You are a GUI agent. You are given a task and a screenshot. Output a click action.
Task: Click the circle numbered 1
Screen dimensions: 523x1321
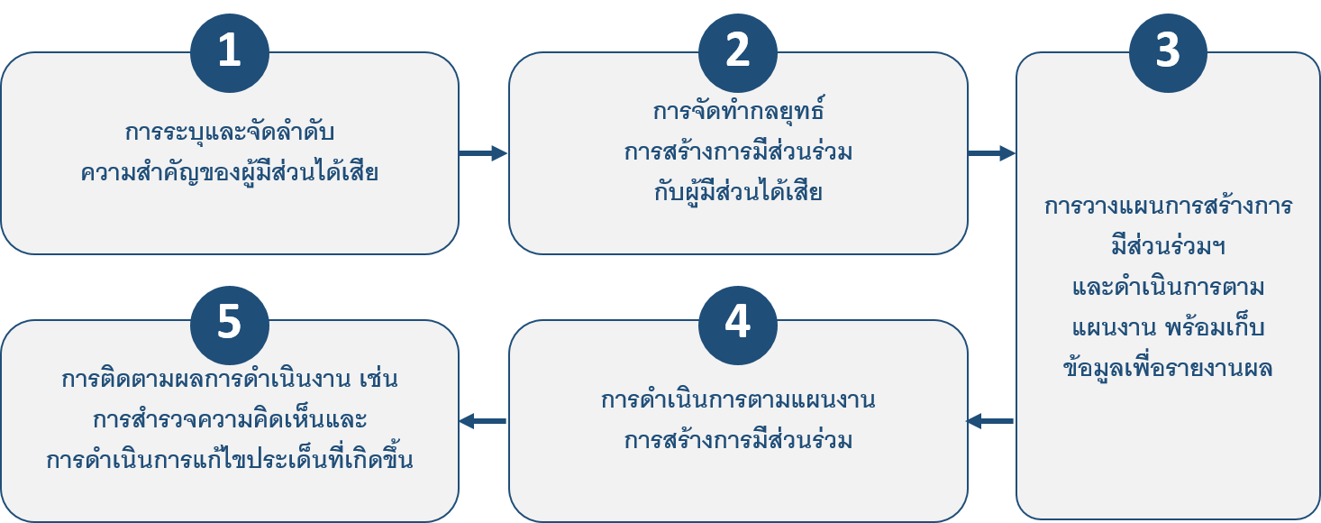click(x=230, y=51)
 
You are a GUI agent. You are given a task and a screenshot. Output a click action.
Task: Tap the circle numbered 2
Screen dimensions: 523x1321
click(x=737, y=51)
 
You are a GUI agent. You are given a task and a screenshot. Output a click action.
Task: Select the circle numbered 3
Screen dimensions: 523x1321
click(x=1167, y=51)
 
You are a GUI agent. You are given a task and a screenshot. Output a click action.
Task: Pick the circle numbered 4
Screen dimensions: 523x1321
click(x=737, y=322)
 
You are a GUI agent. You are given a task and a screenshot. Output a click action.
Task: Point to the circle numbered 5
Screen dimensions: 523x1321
click(x=230, y=322)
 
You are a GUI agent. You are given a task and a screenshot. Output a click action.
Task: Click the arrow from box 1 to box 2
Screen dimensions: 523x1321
click(x=484, y=153)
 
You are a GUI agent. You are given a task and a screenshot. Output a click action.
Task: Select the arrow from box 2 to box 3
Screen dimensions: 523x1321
click(x=992, y=153)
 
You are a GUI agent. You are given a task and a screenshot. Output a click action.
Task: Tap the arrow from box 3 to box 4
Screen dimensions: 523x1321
click(x=990, y=421)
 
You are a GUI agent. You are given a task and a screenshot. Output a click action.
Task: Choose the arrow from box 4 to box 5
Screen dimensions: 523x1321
click(x=483, y=421)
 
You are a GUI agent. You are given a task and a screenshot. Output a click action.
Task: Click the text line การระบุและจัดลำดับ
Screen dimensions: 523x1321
click(x=230, y=133)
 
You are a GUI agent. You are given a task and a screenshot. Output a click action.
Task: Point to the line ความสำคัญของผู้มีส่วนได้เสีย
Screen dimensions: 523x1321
click(x=229, y=172)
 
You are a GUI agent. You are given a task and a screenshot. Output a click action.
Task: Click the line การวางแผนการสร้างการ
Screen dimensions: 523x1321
click(x=1168, y=206)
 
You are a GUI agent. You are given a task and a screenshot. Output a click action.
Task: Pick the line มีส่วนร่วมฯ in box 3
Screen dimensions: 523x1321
click(x=1168, y=246)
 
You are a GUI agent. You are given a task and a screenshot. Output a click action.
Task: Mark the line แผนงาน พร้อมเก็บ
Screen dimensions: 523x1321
click(x=1168, y=327)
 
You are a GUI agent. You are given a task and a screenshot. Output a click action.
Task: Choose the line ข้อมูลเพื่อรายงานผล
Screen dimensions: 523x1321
click(x=1168, y=368)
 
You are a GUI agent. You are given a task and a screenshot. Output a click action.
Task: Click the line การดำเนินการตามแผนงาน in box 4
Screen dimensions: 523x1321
click(x=738, y=399)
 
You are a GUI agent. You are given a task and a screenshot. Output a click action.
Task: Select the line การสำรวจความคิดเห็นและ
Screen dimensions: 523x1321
click(x=230, y=420)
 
